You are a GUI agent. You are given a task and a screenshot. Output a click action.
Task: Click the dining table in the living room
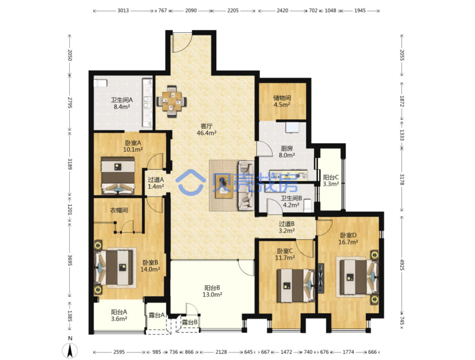[171, 101]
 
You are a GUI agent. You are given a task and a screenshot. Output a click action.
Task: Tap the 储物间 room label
[282, 98]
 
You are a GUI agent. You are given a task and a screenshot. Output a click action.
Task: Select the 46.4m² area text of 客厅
[206, 133]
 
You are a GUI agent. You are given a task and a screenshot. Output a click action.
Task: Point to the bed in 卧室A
[118, 176]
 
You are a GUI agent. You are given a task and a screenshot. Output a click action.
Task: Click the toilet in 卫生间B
[307, 205]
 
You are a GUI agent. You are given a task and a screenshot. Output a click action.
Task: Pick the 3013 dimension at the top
[123, 10]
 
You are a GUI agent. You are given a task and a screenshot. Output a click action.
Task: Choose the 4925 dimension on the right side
[402, 264]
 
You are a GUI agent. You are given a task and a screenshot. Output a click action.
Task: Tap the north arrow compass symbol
[70, 351]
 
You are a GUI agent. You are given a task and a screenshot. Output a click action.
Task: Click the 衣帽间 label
[119, 210]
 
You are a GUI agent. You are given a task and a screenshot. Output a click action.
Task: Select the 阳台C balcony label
[331, 177]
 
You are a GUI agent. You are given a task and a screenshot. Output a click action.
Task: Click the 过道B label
[287, 224]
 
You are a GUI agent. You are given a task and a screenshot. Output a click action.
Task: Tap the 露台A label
[156, 315]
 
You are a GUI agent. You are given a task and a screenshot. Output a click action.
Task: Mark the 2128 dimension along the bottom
[221, 352]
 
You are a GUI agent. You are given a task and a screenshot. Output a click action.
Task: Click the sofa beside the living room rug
[246, 186]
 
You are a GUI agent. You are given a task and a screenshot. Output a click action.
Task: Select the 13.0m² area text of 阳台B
[212, 294]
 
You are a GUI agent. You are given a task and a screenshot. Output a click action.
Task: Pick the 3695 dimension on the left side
[70, 260]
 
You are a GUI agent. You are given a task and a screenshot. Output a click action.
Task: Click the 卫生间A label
[122, 100]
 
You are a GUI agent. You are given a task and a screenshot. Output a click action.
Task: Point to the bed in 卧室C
[296, 286]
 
